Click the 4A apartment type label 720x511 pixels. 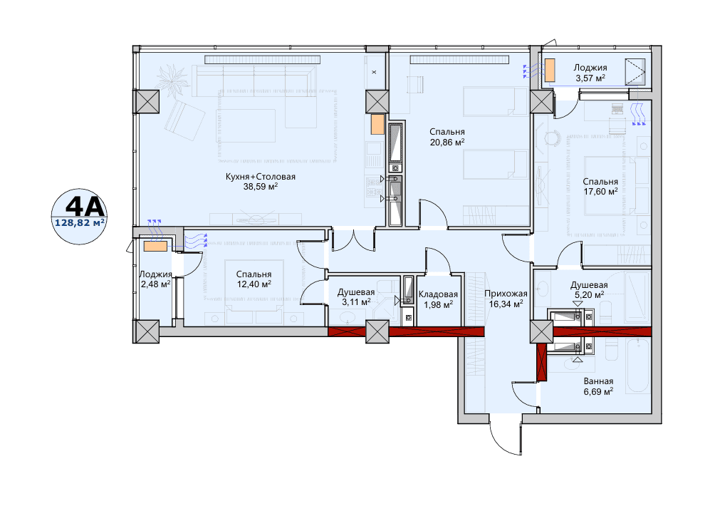pos(85,207)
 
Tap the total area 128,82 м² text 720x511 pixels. pos(79,222)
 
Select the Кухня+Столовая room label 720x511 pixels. pos(261,177)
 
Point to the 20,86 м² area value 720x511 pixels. pos(447,142)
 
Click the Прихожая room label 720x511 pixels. pos(506,294)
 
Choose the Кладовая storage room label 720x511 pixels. pos(438,294)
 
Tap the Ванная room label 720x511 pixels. pos(598,381)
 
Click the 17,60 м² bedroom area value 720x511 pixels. pos(600,191)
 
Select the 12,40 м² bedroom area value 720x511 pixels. pos(254,284)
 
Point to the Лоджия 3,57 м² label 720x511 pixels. pos(590,73)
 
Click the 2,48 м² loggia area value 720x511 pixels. pos(156,284)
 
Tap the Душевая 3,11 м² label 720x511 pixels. pos(356,297)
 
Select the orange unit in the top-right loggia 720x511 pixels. pos(550,70)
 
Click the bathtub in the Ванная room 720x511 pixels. pos(638,366)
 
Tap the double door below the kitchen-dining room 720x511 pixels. pos(353,239)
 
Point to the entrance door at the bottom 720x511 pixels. pos(506,435)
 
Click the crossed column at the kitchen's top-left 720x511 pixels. pos(147,101)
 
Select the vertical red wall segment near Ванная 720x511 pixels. pos(542,363)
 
